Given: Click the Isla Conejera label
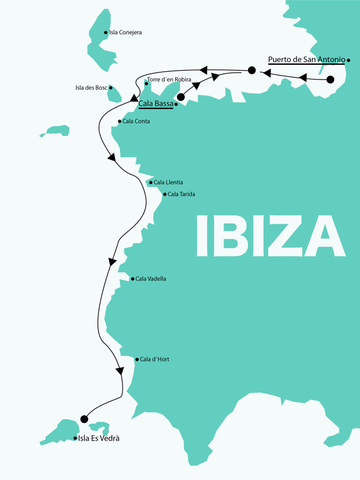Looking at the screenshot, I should (x=125, y=33).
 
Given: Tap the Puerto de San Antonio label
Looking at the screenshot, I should (x=307, y=60).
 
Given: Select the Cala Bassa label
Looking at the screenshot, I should (x=156, y=104).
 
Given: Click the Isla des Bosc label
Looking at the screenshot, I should (x=91, y=88).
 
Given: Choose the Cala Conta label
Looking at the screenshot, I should (x=136, y=121).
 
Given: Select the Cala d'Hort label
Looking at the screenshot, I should (x=155, y=360).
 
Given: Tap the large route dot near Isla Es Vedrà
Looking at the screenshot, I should (x=84, y=419).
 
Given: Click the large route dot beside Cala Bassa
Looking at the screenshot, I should (x=180, y=97).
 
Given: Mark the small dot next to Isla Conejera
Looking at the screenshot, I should (x=105, y=33).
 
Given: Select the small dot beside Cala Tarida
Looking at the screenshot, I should (x=165, y=194).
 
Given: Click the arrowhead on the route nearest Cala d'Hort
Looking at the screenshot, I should (x=120, y=371).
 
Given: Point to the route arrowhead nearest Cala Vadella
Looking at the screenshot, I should (x=112, y=262).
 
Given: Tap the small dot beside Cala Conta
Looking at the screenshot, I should (x=119, y=121).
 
